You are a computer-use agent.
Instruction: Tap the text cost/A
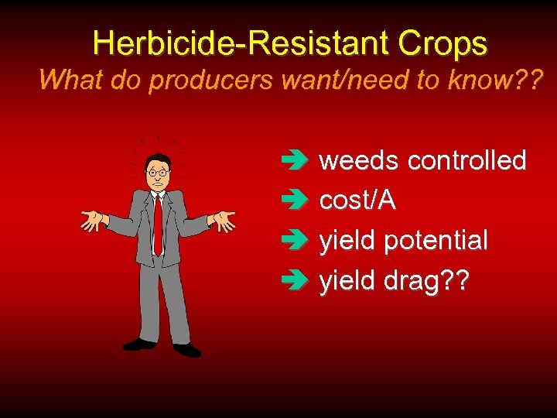(357, 200)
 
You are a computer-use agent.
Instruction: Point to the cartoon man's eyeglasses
(158, 172)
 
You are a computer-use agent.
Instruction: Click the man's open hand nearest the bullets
(224, 221)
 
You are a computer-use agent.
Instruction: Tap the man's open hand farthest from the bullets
(93, 220)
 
